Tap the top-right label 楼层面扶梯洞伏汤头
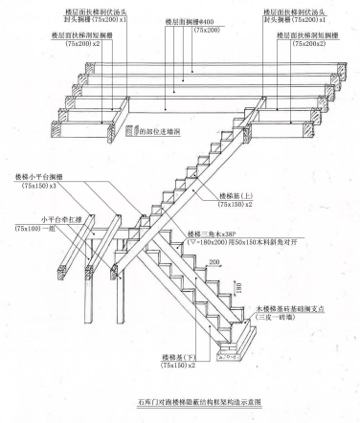coord(300,10)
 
